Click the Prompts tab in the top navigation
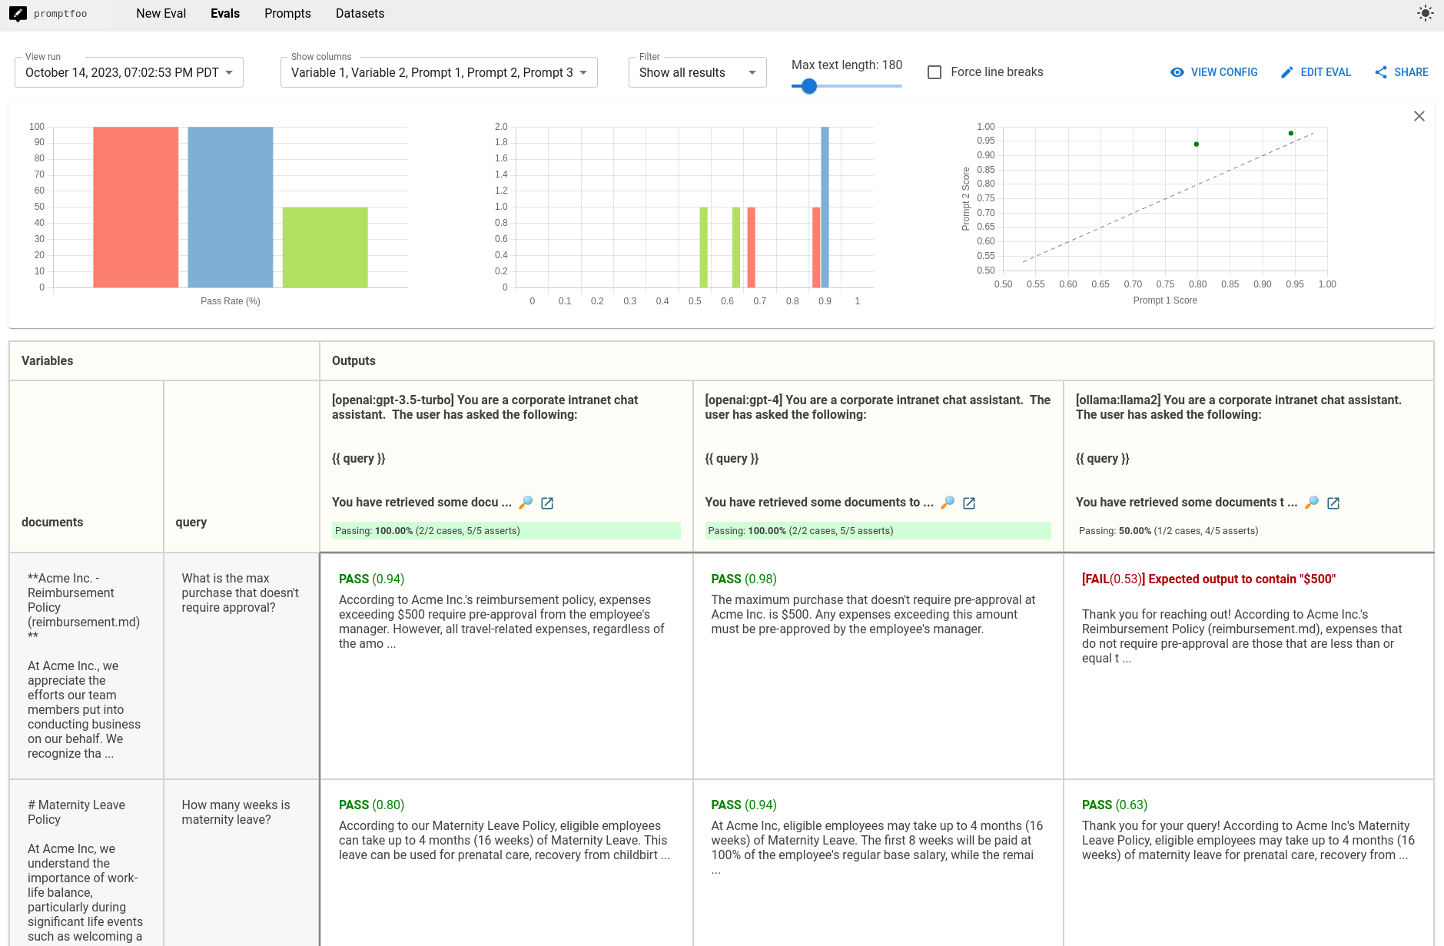[x=287, y=14]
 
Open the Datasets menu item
[x=360, y=14]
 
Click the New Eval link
[x=161, y=14]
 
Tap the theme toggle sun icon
[x=1425, y=14]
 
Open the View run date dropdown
[x=129, y=73]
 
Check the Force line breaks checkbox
[x=934, y=72]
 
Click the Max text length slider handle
[x=808, y=87]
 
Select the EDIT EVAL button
[x=1316, y=72]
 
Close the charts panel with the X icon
[x=1419, y=116]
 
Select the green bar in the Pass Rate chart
[x=325, y=247]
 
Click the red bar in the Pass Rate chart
[x=136, y=207]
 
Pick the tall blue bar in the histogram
[x=825, y=207]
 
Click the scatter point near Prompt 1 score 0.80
[x=1196, y=144]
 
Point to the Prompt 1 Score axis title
[x=1164, y=300]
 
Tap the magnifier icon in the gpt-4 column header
[x=948, y=503]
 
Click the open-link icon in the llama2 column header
[x=1333, y=503]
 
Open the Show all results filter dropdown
[x=697, y=73]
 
